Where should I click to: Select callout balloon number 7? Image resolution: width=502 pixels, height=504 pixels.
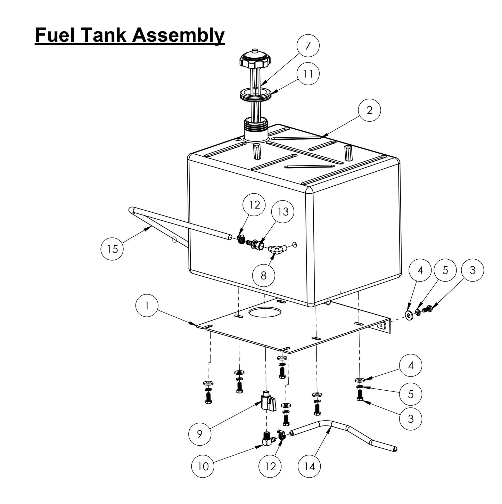tap(308, 46)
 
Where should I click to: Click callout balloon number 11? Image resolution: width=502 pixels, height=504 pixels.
tap(308, 74)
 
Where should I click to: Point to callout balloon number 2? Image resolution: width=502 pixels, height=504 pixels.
tap(369, 110)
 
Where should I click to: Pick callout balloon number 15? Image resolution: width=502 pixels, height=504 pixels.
tap(112, 249)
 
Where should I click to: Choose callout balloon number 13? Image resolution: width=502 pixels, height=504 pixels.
tap(283, 211)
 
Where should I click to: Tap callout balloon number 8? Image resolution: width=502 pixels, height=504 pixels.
tap(263, 275)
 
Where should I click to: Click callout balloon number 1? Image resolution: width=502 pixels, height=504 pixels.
tap(147, 306)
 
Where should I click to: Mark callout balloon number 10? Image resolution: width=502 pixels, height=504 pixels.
tap(203, 466)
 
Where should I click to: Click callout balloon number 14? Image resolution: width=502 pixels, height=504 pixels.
tap(309, 466)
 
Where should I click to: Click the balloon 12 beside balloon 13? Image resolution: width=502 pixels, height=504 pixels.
tap(254, 205)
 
